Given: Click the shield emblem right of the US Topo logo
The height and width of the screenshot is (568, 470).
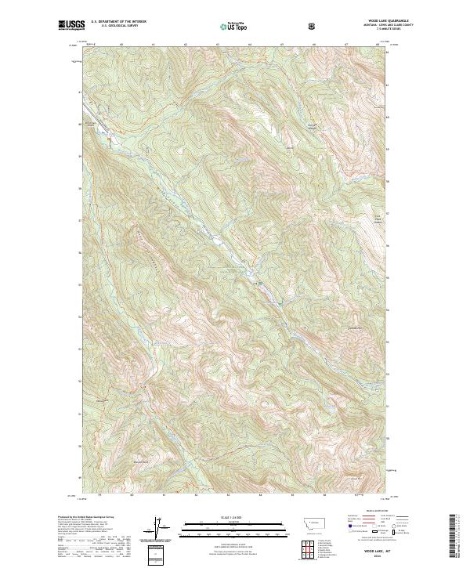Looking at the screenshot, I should [312, 25].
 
